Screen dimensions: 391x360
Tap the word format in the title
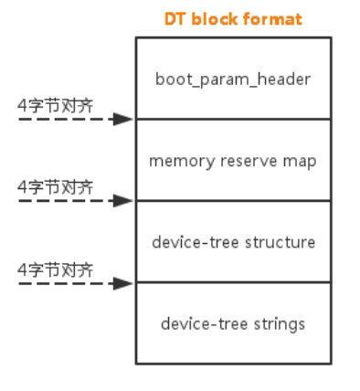(x=270, y=19)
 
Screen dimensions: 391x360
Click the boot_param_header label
(x=233, y=79)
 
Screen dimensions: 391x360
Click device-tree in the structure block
(x=190, y=242)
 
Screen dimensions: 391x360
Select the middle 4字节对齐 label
(x=56, y=186)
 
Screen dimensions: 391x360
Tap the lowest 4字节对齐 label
(x=56, y=269)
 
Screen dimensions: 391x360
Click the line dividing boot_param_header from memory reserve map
(x=233, y=119)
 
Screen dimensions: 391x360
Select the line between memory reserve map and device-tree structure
(x=233, y=201)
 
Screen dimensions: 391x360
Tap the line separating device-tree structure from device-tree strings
(x=233, y=282)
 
